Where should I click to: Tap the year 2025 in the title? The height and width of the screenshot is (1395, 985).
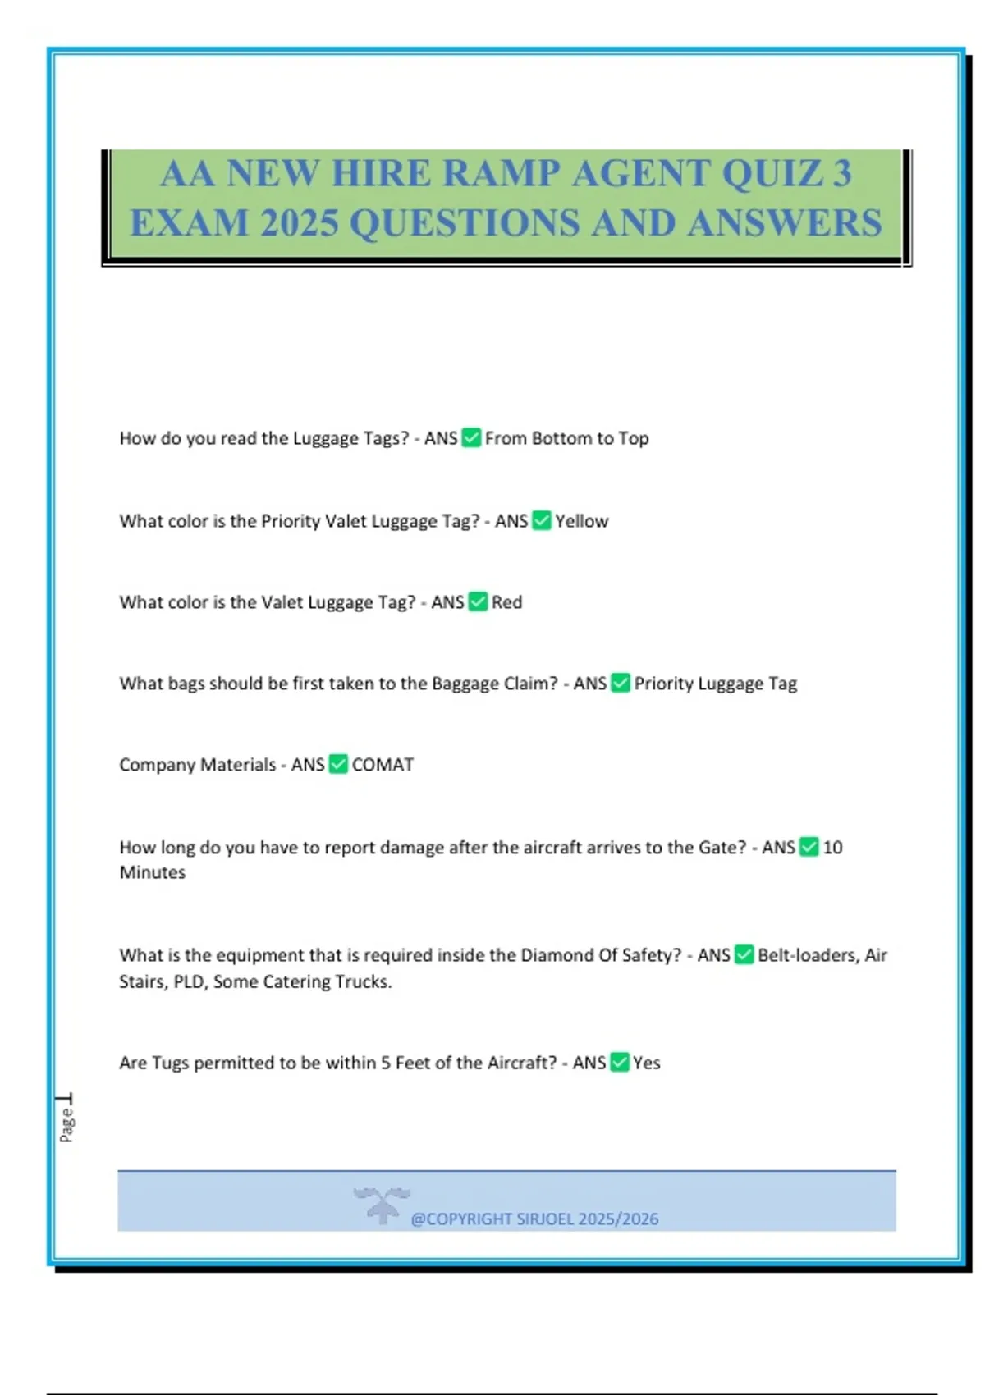tap(299, 223)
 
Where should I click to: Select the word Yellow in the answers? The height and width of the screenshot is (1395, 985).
tap(581, 521)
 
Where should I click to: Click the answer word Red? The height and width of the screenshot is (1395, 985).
tap(506, 602)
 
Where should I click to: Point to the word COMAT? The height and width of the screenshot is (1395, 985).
tap(383, 765)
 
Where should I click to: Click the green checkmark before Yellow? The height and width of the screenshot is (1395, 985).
tap(542, 520)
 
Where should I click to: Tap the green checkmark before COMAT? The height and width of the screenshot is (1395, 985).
tap(338, 764)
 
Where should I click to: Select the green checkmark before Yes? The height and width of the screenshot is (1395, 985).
tap(621, 1062)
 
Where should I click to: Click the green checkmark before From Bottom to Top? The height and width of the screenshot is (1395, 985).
tap(471, 437)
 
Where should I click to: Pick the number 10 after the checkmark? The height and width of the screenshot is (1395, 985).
tap(832, 848)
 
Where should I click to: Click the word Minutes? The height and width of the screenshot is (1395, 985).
tap(153, 872)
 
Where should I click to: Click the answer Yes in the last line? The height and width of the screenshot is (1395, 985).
tap(647, 1063)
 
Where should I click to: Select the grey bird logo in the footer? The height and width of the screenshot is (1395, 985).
tap(382, 1205)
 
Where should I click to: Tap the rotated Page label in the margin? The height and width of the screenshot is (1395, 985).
tap(66, 1124)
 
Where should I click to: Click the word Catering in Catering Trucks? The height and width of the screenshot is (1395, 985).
tap(298, 981)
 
